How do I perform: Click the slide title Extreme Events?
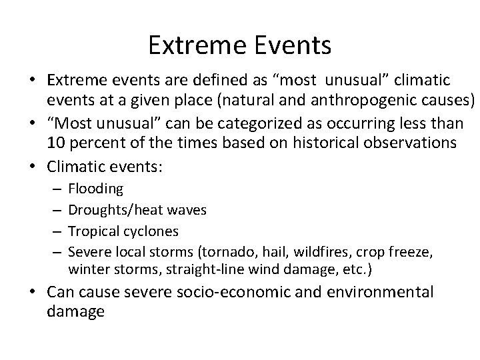pos(239,45)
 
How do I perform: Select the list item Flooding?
pos(95,189)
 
